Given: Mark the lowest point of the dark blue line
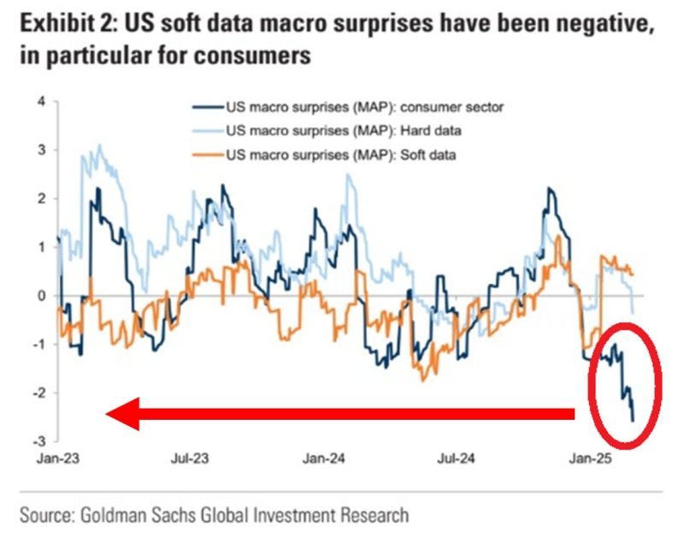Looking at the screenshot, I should point(633,420).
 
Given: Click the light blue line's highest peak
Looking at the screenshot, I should point(100,145).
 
